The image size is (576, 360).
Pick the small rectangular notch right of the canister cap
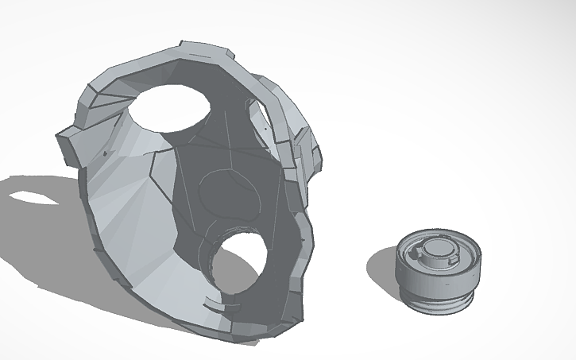coord(455,258)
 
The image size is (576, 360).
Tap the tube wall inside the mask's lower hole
coord(218,254)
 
